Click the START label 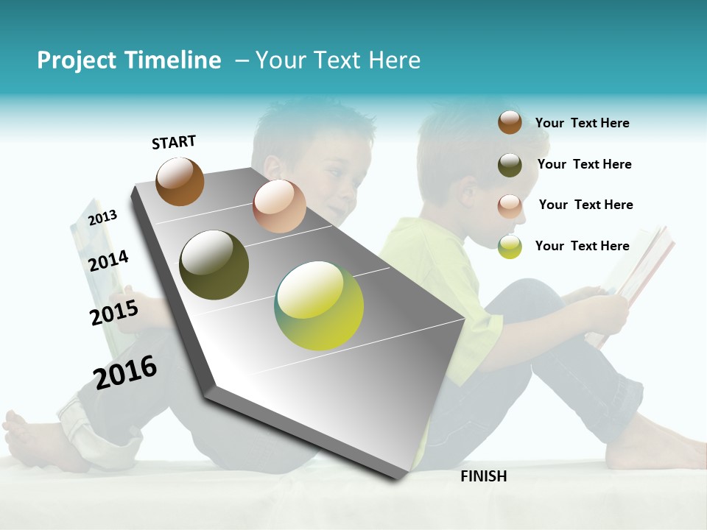(174, 142)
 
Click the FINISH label (483, 476)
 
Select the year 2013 (103, 217)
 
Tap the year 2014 (108, 261)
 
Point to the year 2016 (125, 372)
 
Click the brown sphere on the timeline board (180, 181)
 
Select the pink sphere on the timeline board (279, 206)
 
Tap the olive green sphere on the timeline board (214, 265)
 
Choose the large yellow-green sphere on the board (319, 305)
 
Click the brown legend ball (510, 122)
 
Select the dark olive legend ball (510, 165)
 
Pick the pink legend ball (510, 205)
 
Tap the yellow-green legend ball (510, 247)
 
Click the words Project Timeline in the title (129, 60)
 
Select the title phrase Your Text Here (337, 60)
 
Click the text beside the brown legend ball (582, 123)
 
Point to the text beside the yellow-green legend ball (582, 246)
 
